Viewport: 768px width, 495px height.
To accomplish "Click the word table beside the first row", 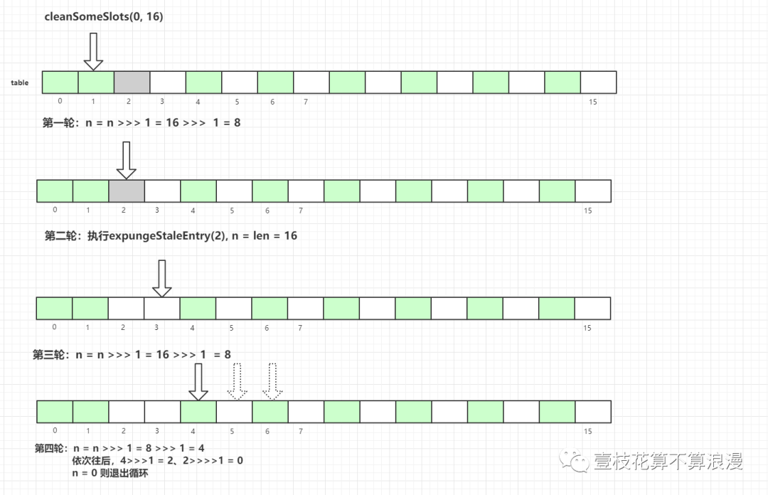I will click(20, 83).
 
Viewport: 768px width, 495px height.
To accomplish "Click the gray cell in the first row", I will click(132, 82).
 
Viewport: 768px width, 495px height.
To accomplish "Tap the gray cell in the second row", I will click(127, 191).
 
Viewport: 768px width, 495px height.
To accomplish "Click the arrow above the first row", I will click(94, 53).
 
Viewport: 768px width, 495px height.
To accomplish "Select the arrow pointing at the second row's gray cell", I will click(126, 160).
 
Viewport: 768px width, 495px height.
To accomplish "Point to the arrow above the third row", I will click(162, 278).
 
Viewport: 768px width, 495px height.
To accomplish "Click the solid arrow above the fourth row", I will click(198, 383).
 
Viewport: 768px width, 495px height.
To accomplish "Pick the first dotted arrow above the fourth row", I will click(237, 383).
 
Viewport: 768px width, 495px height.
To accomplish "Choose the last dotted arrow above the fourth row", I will click(272, 383).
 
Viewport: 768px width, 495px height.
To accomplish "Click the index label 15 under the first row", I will click(593, 102).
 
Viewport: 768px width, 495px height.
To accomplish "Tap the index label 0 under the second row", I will click(55, 210).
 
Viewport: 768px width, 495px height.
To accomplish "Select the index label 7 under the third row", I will click(301, 328).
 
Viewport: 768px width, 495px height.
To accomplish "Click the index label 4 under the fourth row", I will click(193, 431).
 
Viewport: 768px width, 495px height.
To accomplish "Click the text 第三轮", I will click(48, 354).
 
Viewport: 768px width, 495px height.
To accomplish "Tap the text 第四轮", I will click(50, 449).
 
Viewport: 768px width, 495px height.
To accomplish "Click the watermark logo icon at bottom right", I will click(571, 462).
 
